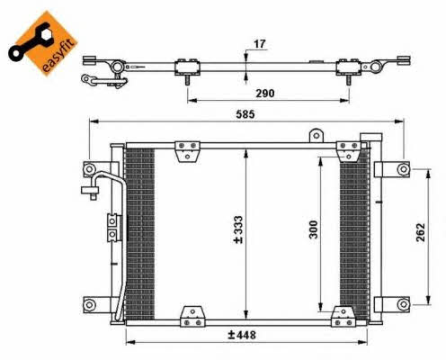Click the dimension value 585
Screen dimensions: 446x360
(x=245, y=114)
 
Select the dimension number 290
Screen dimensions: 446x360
(x=265, y=94)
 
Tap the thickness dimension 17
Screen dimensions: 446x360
(x=260, y=44)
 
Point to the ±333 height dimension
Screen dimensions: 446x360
(x=238, y=229)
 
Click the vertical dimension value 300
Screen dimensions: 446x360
(x=313, y=229)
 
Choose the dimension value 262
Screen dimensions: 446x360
(x=421, y=232)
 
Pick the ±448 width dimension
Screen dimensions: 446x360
(x=242, y=335)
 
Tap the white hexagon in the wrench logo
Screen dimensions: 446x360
(x=47, y=35)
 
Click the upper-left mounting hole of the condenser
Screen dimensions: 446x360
(x=89, y=169)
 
